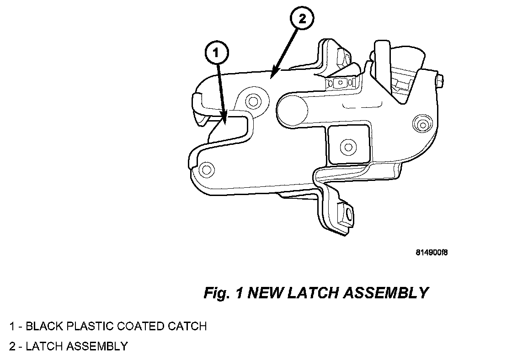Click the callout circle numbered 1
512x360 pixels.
pyautogui.click(x=217, y=53)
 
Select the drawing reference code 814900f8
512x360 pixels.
pyautogui.click(x=431, y=252)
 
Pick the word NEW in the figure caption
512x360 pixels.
pyautogui.click(x=265, y=293)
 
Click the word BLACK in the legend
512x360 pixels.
pyautogui.click(x=45, y=326)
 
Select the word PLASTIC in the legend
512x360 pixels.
pyautogui.click(x=91, y=326)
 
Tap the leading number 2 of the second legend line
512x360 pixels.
pyautogui.click(x=12, y=346)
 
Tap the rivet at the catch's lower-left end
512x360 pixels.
pyautogui.click(x=206, y=170)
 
